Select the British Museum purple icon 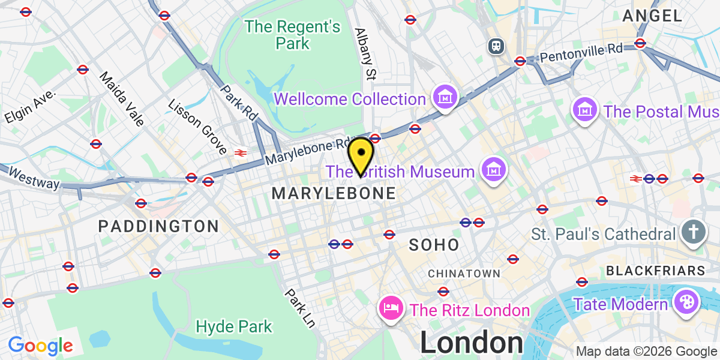493,172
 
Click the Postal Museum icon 583,111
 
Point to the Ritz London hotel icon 391,310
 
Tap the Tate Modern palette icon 684,304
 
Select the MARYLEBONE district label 334,193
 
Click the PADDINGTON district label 158,226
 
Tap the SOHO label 434,245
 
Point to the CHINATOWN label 464,274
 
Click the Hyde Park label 234,327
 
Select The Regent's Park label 293,35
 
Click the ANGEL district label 652,16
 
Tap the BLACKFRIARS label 655,271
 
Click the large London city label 472,343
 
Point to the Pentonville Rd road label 581,53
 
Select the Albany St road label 365,54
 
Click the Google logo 40,346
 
